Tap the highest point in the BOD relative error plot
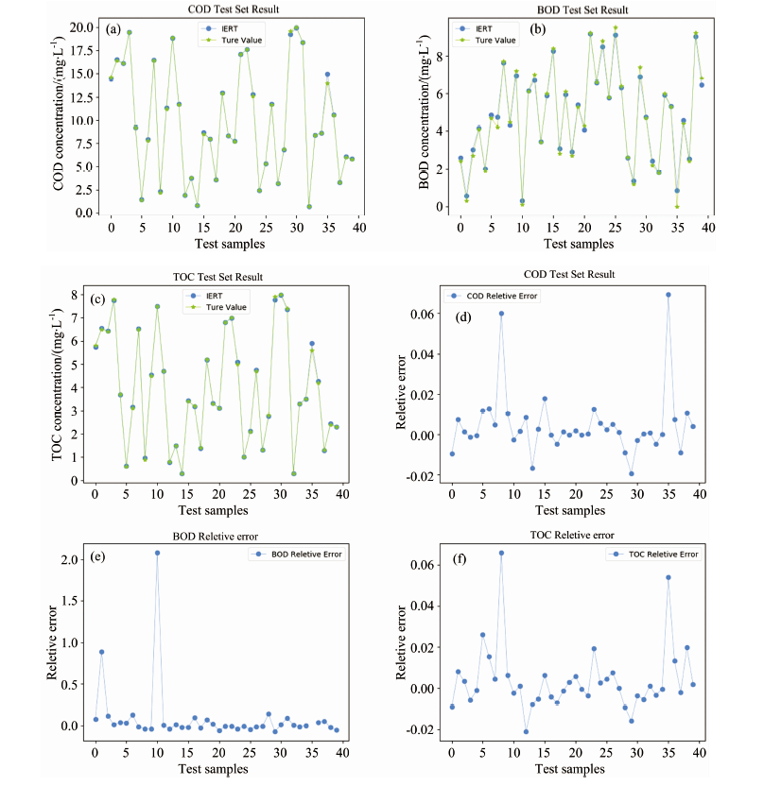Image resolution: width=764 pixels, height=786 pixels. pyautogui.click(x=157, y=553)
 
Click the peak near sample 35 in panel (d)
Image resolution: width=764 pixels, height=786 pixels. pyautogui.click(x=668, y=295)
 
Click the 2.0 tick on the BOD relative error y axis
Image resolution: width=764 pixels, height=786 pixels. pyautogui.click(x=78, y=560)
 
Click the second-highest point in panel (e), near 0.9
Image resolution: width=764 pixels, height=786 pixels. pyautogui.click(x=101, y=652)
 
